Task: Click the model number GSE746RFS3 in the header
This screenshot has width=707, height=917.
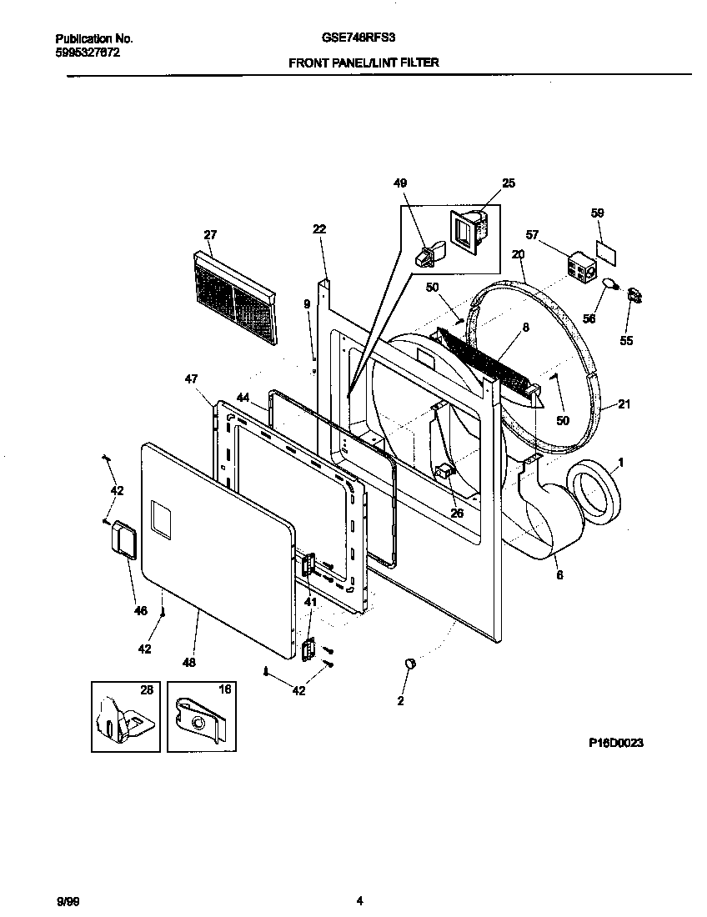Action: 364,38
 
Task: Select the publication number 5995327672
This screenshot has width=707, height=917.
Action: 84,52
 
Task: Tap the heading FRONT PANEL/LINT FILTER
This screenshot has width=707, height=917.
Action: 364,63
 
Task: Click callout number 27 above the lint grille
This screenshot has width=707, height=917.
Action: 209,234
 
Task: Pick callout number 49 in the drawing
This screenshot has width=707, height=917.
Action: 400,183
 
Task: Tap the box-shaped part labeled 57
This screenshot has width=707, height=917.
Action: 579,268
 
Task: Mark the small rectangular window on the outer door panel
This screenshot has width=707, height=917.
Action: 161,520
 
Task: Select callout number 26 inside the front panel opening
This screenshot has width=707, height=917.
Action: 457,513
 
